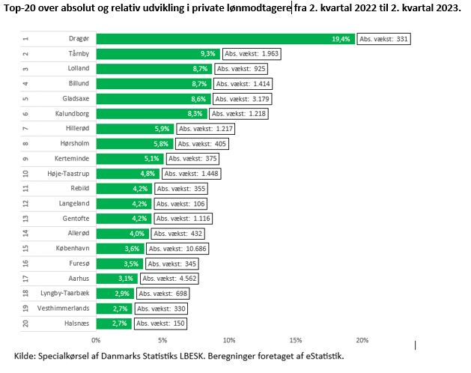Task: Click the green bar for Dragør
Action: coord(225,39)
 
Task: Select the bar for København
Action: coord(121,248)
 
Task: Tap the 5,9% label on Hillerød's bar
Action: coord(162,129)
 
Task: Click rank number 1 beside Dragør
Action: coord(25,39)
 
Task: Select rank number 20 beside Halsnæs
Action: coord(25,323)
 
